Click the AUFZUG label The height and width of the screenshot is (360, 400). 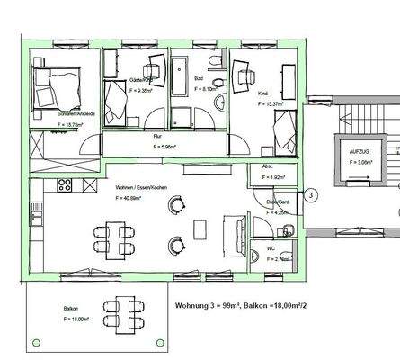359,154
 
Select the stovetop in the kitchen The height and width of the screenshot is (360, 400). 64,185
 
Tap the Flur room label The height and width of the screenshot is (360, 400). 158,136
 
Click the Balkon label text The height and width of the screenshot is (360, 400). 70,308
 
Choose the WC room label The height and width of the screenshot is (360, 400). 270,247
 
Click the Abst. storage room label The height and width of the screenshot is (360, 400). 267,166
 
